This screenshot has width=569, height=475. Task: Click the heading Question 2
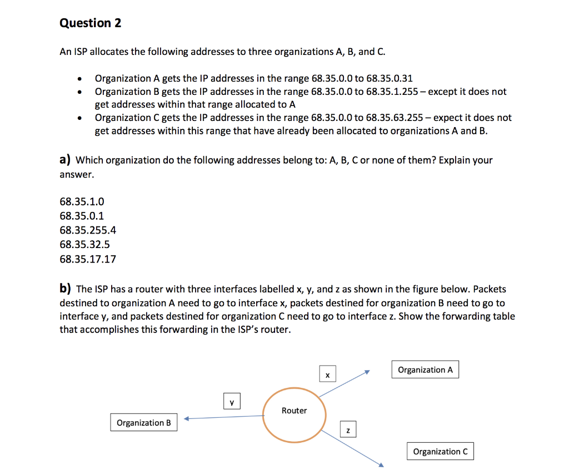click(x=90, y=23)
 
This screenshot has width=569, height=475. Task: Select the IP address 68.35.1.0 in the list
click(x=82, y=201)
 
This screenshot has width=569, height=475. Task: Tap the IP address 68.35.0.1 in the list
click(x=82, y=216)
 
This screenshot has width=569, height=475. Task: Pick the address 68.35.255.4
click(x=88, y=230)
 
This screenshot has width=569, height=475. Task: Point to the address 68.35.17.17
click(x=88, y=259)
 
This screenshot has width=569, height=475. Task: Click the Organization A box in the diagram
click(x=426, y=370)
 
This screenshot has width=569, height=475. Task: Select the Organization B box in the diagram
click(x=144, y=423)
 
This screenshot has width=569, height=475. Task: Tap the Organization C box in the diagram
click(x=440, y=452)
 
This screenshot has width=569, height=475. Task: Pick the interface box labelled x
click(x=327, y=376)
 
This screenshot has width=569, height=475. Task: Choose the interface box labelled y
click(x=232, y=401)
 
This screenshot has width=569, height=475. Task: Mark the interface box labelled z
click(x=348, y=430)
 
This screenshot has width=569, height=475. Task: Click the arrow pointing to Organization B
click(x=222, y=418)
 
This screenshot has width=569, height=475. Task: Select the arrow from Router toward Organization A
click(x=345, y=383)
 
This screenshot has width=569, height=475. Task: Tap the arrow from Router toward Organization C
click(x=353, y=448)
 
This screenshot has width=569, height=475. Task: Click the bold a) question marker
click(x=65, y=160)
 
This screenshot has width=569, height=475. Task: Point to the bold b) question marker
click(x=66, y=289)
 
